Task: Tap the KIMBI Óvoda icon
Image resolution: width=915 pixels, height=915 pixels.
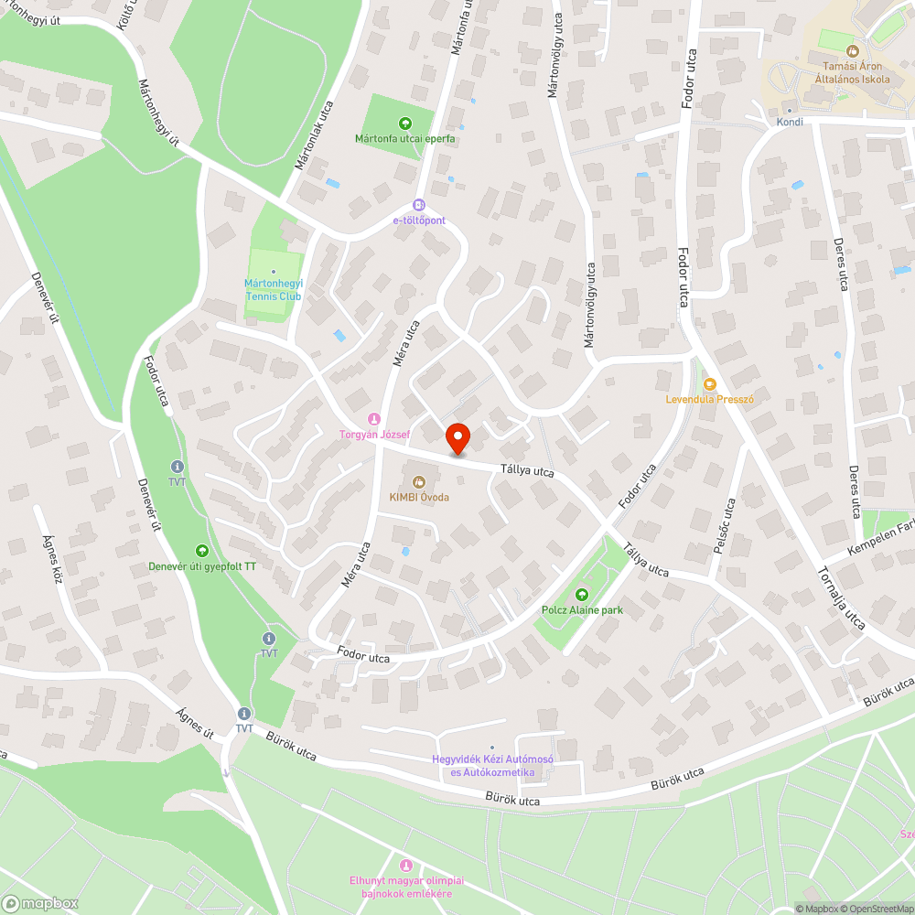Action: (x=418, y=480)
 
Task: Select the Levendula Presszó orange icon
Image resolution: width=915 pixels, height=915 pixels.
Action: (x=708, y=384)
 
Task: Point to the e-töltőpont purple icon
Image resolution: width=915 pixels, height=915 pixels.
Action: (x=419, y=205)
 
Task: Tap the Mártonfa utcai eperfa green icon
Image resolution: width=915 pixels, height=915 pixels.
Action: (x=405, y=124)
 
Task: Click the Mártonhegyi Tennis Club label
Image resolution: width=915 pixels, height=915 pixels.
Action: (x=273, y=290)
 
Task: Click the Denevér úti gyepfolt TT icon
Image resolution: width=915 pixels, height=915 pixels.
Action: (x=202, y=551)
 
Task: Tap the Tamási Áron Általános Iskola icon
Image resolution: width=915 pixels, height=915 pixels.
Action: (x=853, y=51)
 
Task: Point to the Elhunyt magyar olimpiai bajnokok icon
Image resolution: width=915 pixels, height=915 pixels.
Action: (x=406, y=865)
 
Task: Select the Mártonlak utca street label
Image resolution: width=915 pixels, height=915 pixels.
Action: (x=313, y=136)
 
